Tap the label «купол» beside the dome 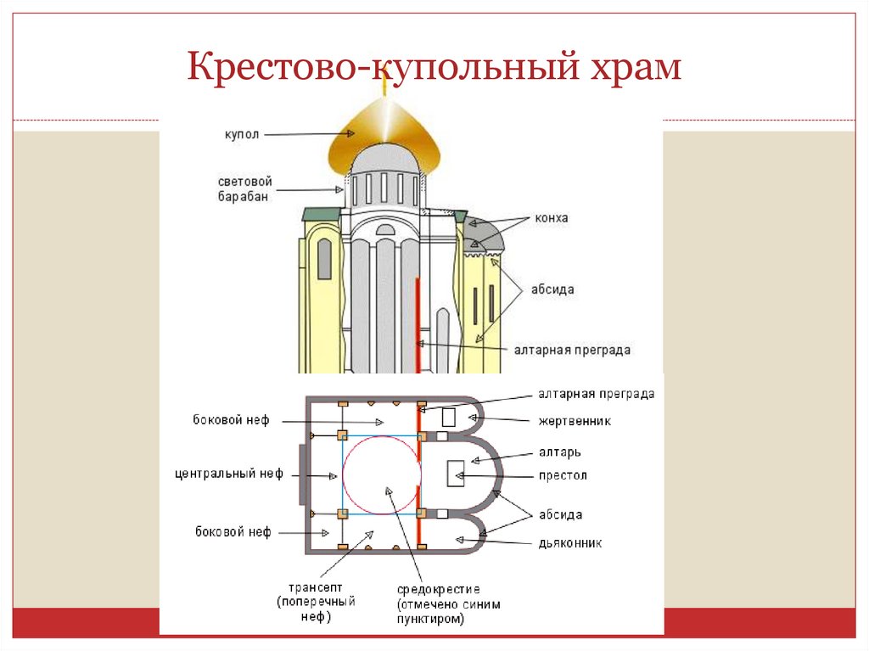(241, 134)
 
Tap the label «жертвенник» (574, 421)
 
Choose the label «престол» (562, 475)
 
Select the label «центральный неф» (227, 473)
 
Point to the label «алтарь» (559, 453)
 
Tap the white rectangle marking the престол (457, 473)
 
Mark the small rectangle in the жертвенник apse (448, 417)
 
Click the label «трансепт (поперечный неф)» (316, 602)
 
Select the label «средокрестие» (438, 589)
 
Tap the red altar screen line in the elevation (418, 323)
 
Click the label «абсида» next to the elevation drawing (554, 289)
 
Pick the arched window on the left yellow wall (324, 259)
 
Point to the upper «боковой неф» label (231, 420)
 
